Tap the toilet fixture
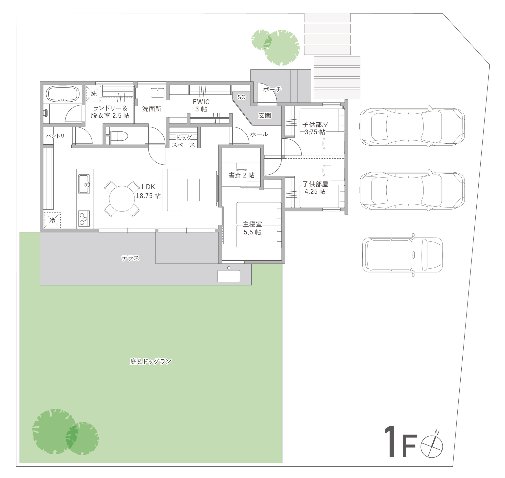point(119,136)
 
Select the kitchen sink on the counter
point(84,184)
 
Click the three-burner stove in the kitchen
point(84,218)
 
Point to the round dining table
point(122,199)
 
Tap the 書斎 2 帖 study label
point(241,175)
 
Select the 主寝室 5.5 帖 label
point(252,228)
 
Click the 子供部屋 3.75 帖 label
point(315,128)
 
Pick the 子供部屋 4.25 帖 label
point(315,188)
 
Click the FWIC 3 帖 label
point(201,105)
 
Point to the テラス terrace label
point(130,258)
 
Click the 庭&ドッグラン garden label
point(151,361)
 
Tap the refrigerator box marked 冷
point(52,220)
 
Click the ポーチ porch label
point(272,89)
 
